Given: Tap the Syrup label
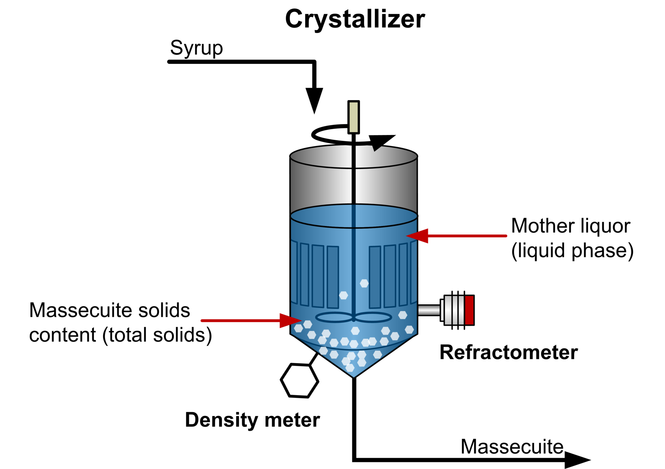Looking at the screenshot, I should click(196, 48).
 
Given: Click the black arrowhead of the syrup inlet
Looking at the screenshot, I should click(314, 99).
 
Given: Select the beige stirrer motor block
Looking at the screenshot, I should click(353, 117).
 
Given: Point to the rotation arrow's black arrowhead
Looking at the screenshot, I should click(380, 142).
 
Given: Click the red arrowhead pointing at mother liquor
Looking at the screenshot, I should click(419, 236).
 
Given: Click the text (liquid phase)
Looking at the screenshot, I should click(572, 251).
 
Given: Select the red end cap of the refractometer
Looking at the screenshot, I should click(469, 310).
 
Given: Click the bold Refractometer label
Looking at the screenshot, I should click(508, 352).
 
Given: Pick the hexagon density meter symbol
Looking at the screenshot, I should click(299, 381).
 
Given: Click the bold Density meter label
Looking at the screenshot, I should click(252, 420).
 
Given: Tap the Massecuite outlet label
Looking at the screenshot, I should click(512, 447).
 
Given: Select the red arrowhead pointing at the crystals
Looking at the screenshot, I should click(290, 321).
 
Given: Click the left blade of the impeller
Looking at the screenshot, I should click(334, 317).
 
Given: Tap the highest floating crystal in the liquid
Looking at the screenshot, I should click(364, 283).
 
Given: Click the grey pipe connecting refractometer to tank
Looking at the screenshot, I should click(429, 310).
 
